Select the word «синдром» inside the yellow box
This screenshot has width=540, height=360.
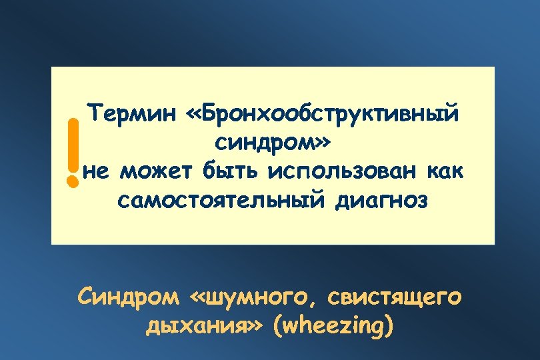[x=263, y=142]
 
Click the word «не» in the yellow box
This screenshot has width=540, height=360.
[x=97, y=171]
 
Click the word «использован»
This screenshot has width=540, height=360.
[x=339, y=171]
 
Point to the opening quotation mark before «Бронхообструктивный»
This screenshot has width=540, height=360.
[x=179, y=114]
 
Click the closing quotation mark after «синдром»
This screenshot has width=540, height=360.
[x=320, y=143]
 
